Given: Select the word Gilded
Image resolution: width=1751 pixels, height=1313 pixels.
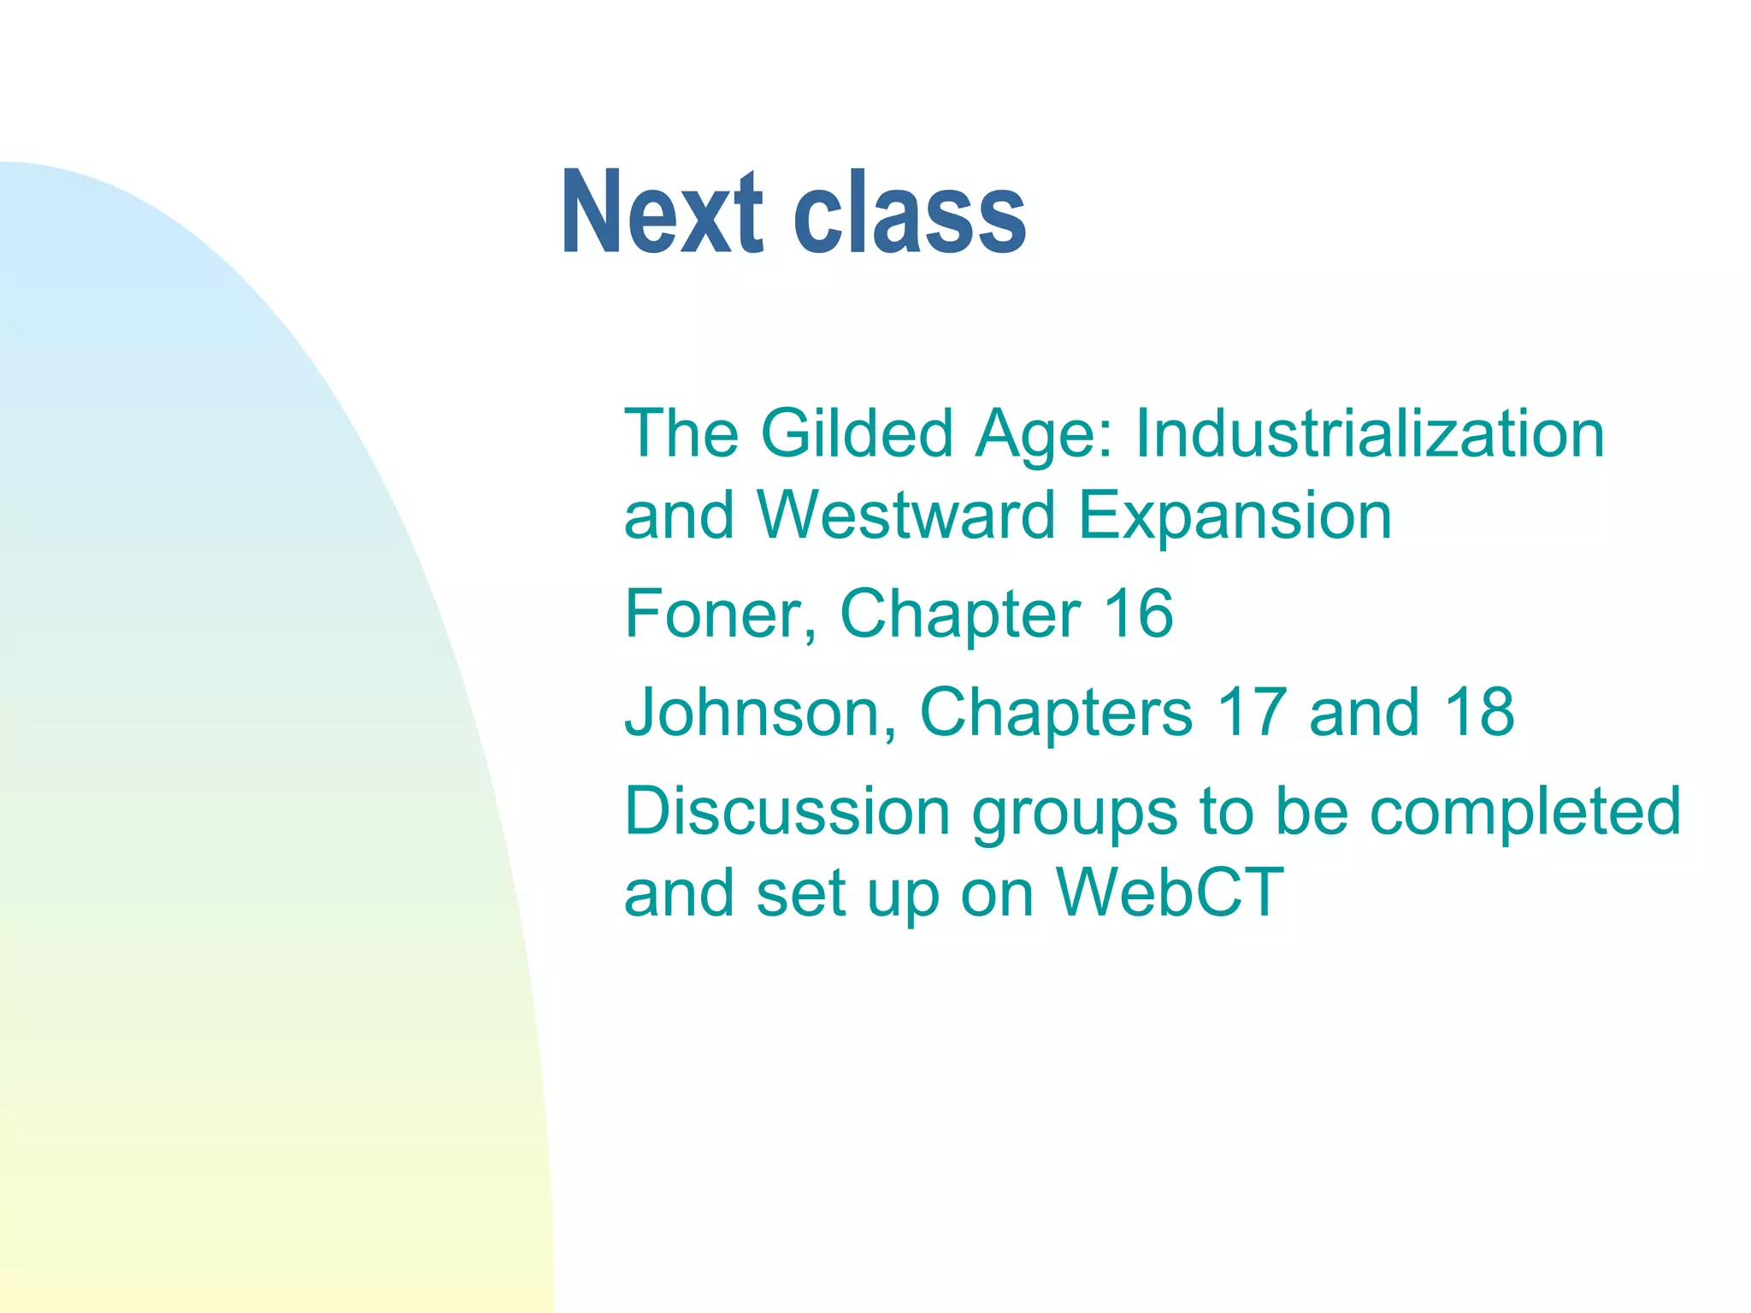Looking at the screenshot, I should pos(857,433).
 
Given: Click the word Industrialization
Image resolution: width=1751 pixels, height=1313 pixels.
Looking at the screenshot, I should pos(1370,433).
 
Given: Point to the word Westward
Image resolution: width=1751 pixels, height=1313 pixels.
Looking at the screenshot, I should pos(906,515).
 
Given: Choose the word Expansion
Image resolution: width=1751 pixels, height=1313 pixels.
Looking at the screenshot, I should pos(1235,515).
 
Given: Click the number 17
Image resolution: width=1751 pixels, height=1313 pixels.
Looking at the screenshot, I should pos(1251,712).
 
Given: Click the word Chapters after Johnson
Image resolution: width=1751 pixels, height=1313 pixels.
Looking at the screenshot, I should pos(1056,712).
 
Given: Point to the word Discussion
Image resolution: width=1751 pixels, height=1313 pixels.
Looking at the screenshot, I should pos(787,811).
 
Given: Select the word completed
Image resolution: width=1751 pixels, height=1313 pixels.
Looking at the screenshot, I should pos(1525,811).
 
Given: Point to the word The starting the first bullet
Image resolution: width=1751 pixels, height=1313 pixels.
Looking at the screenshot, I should pos(681,433).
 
